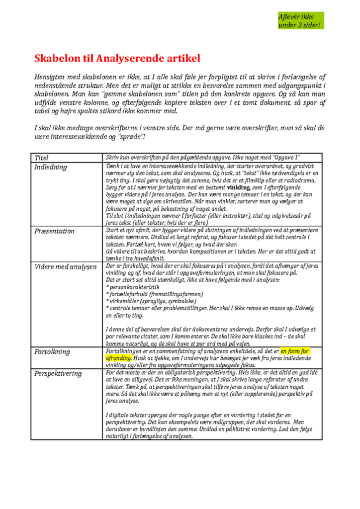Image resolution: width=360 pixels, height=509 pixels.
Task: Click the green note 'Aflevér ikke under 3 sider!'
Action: click(299, 21)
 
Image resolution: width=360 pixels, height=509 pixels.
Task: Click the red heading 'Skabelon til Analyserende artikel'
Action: click(117, 59)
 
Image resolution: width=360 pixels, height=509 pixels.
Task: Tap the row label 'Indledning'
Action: click(50, 167)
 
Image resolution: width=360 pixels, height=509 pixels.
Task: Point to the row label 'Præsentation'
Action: click(54, 231)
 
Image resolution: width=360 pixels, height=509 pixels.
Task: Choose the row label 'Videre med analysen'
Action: click(65, 267)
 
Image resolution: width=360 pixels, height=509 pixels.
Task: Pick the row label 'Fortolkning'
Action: click(52, 352)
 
